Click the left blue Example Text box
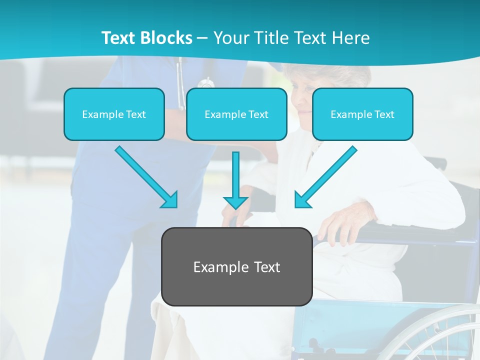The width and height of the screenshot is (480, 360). [114, 114]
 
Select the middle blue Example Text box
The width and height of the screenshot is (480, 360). [236, 114]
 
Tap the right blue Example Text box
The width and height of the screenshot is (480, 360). [362, 114]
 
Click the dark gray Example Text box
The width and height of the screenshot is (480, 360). [237, 266]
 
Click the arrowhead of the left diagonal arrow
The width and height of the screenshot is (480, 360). [169, 200]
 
